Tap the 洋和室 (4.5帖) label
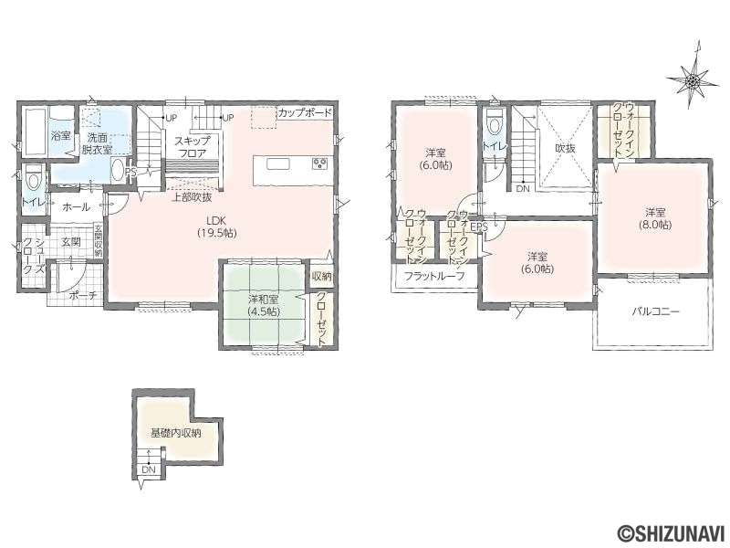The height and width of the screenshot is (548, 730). pos(264,306)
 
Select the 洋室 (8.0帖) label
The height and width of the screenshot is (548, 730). pos(654,218)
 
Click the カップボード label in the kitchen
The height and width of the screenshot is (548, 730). pos(306,112)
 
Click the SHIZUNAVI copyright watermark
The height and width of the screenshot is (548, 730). pos(672,532)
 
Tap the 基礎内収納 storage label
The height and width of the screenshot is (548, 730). pos(175,433)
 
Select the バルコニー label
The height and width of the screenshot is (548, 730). pos(655,311)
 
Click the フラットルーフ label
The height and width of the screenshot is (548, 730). pos(434,276)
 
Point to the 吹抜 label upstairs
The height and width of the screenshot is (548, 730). pos(565,149)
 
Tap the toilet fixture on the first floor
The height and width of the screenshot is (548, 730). pos(34,179)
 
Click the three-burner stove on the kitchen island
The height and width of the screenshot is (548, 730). pos(320,163)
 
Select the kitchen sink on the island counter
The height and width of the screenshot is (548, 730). pos(278,164)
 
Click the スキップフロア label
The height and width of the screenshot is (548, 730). pos(193,145)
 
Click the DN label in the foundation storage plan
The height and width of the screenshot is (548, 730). pos(149,469)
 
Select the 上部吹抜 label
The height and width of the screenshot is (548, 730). pos(193,197)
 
